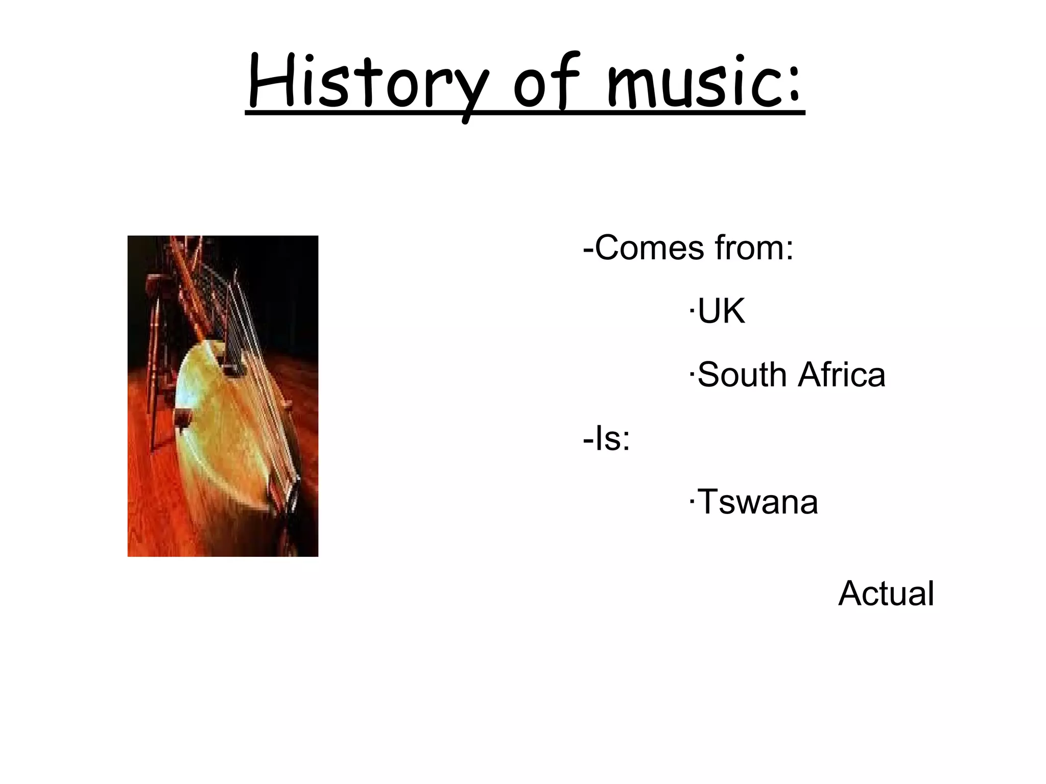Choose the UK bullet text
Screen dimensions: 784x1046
pyautogui.click(x=721, y=311)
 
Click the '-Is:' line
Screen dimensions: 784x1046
pyautogui.click(x=607, y=438)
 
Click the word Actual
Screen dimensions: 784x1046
pyautogui.click(x=886, y=594)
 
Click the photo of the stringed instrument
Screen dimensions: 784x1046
pyautogui.click(x=223, y=396)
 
